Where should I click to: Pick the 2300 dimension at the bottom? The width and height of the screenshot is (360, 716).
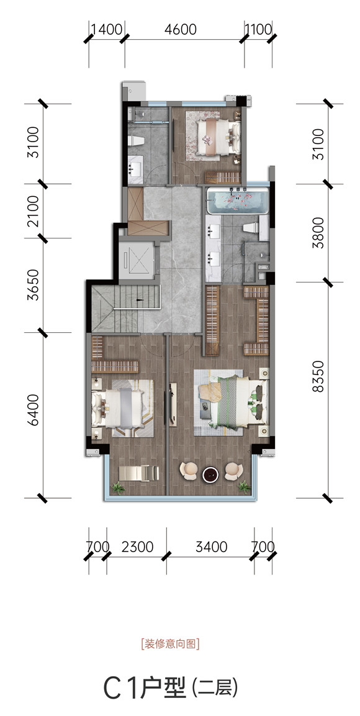coord(137,546)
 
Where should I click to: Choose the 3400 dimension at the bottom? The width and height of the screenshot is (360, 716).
coord(211,546)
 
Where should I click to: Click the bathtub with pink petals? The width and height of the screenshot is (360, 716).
coord(237,202)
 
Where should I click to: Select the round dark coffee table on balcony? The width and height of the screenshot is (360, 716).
coord(211,474)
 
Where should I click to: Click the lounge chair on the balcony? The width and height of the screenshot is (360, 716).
coord(138,473)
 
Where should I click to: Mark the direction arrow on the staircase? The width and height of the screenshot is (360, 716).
coord(139,301)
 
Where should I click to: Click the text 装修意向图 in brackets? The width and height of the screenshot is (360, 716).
coord(171,645)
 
